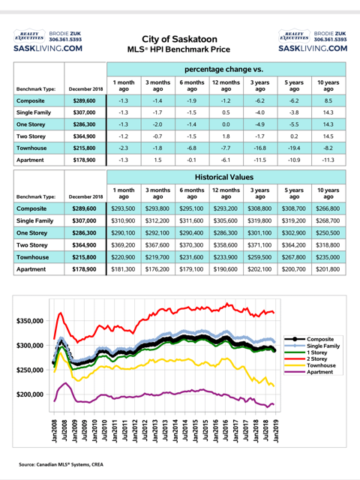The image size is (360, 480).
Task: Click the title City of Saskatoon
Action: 179,39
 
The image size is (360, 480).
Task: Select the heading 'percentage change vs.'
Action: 223,70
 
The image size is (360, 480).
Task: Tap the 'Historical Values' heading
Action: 224,177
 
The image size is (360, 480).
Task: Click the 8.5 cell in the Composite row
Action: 328,100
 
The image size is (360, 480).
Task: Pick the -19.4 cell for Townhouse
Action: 294,148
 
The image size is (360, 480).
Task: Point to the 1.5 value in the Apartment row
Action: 157,160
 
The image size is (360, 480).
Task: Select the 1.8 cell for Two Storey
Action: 226,136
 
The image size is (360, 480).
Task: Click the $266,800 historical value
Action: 328,208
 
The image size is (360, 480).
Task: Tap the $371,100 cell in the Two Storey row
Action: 259,245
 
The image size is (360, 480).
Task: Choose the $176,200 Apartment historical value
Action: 157,269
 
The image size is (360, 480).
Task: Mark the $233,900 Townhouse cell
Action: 226,257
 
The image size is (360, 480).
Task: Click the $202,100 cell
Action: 259,269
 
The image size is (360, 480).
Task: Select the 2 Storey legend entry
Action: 316,358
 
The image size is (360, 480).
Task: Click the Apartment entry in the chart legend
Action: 320,372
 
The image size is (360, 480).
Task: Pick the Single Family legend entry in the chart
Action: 323,346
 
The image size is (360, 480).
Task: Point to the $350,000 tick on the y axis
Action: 30,321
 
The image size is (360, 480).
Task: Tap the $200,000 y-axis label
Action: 30,394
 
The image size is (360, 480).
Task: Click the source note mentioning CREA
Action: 61,465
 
